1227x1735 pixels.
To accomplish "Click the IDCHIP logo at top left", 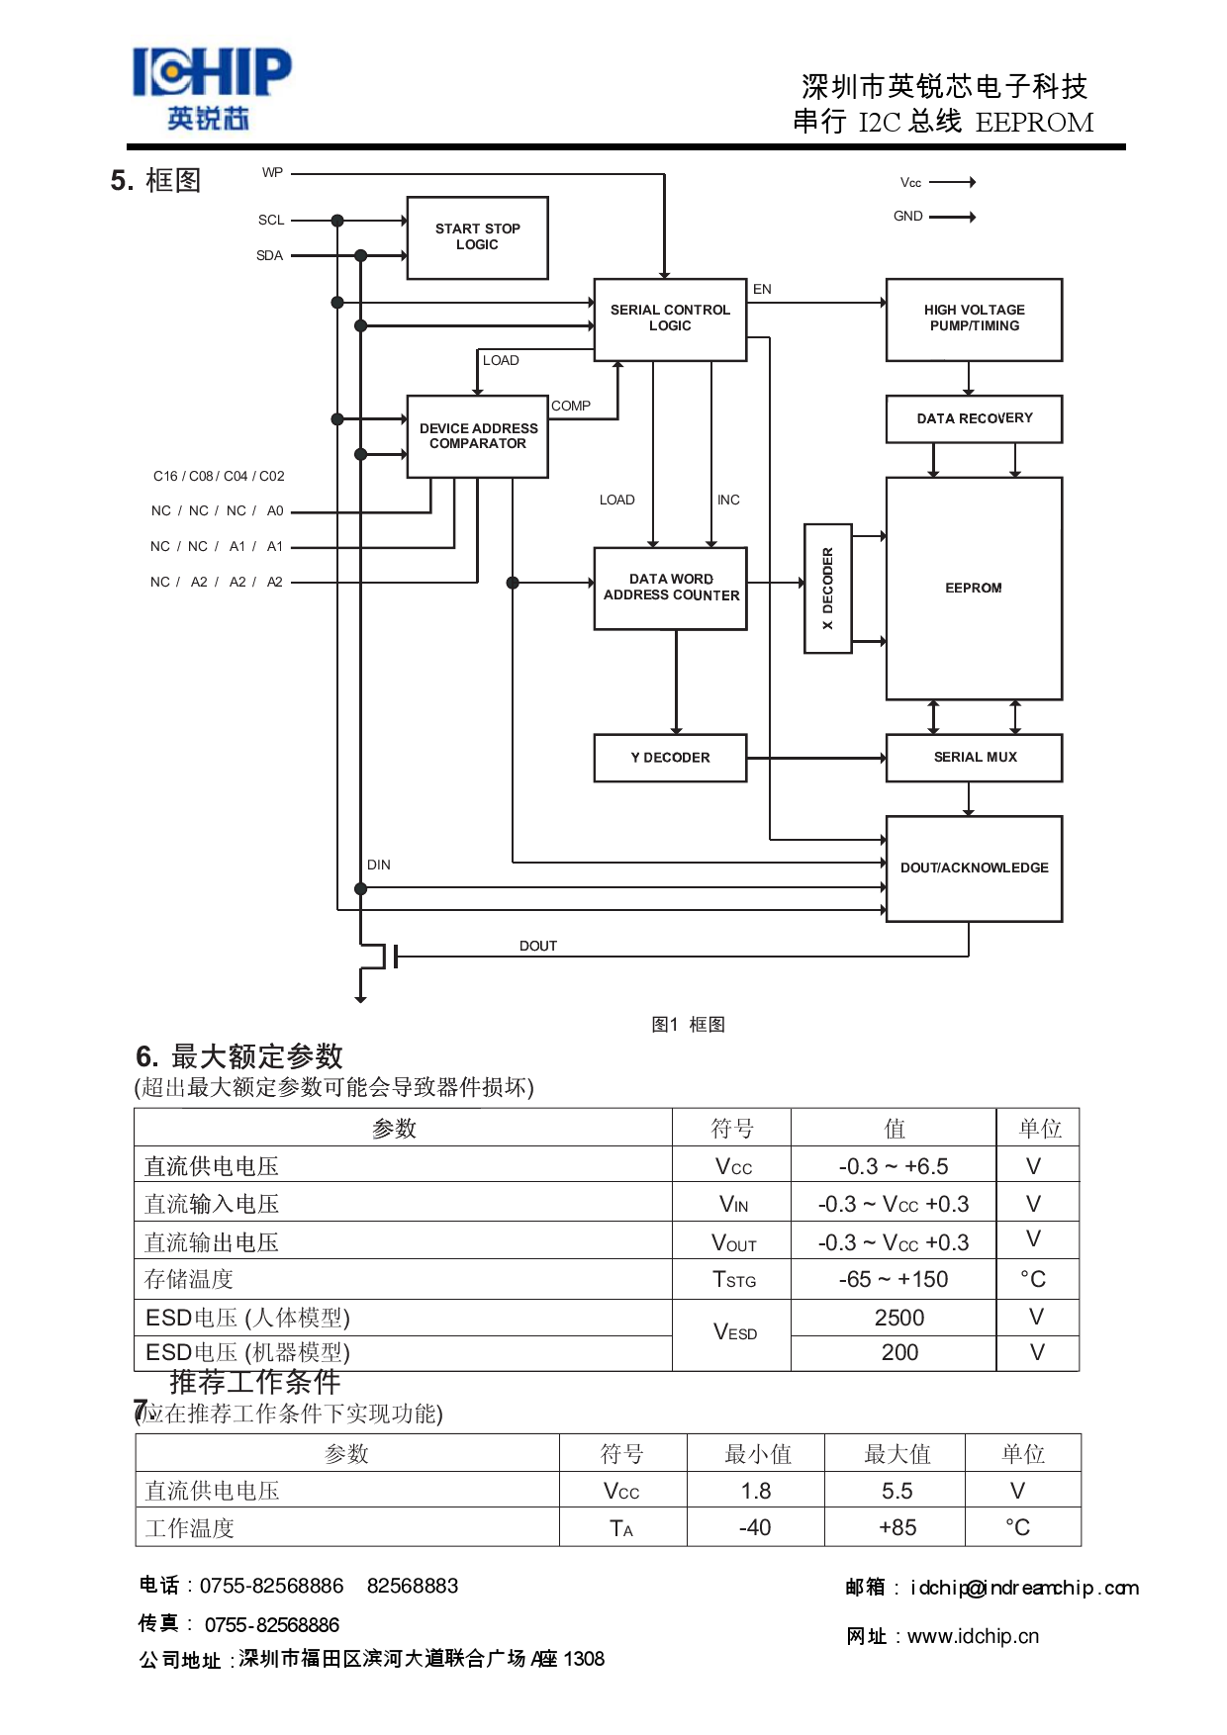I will (x=211, y=87).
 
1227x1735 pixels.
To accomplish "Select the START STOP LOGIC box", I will (x=477, y=237).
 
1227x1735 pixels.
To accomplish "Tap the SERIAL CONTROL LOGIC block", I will (x=670, y=319).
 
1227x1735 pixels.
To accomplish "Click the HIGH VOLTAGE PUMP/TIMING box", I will (x=974, y=319).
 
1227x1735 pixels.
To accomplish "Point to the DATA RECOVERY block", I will (x=974, y=418).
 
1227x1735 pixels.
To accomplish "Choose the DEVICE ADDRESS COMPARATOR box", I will (x=478, y=436).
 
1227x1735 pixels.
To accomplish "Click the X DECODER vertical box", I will (x=828, y=589).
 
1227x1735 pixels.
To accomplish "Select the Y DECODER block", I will (x=670, y=758).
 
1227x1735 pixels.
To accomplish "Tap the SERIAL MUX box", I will (x=974, y=758).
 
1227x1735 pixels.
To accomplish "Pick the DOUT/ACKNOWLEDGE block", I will (x=974, y=868).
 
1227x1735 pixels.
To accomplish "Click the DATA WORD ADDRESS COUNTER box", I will (x=671, y=588).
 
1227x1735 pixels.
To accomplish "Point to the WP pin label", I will (x=272, y=173).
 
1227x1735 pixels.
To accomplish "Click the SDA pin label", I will (x=269, y=256).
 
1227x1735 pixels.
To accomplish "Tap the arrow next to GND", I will (x=953, y=217).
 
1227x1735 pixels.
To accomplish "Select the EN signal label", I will (x=762, y=290).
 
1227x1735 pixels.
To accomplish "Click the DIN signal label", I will (x=379, y=866).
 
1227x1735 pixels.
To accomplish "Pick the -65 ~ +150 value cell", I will (x=894, y=1280).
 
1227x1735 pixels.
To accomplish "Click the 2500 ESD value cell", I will (x=898, y=1319).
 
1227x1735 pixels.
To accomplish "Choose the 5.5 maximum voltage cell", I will (x=897, y=1492).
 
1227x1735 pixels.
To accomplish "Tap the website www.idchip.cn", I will (x=973, y=1637).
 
